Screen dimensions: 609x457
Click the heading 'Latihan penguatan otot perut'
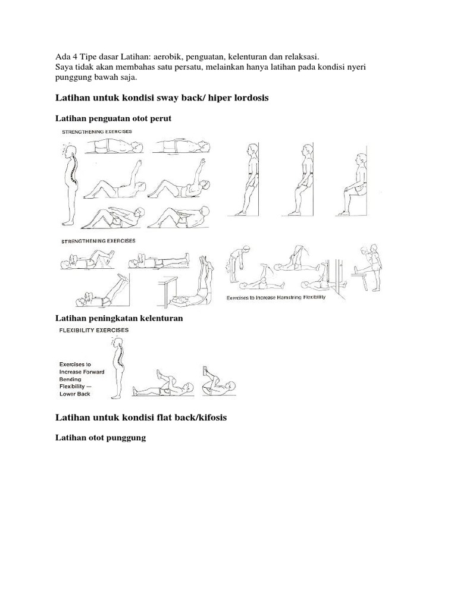(113, 118)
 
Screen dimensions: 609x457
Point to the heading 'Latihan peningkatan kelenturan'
(119, 318)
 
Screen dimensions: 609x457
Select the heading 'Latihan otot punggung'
(100, 438)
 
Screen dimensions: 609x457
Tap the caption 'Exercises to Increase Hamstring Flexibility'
(276, 297)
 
